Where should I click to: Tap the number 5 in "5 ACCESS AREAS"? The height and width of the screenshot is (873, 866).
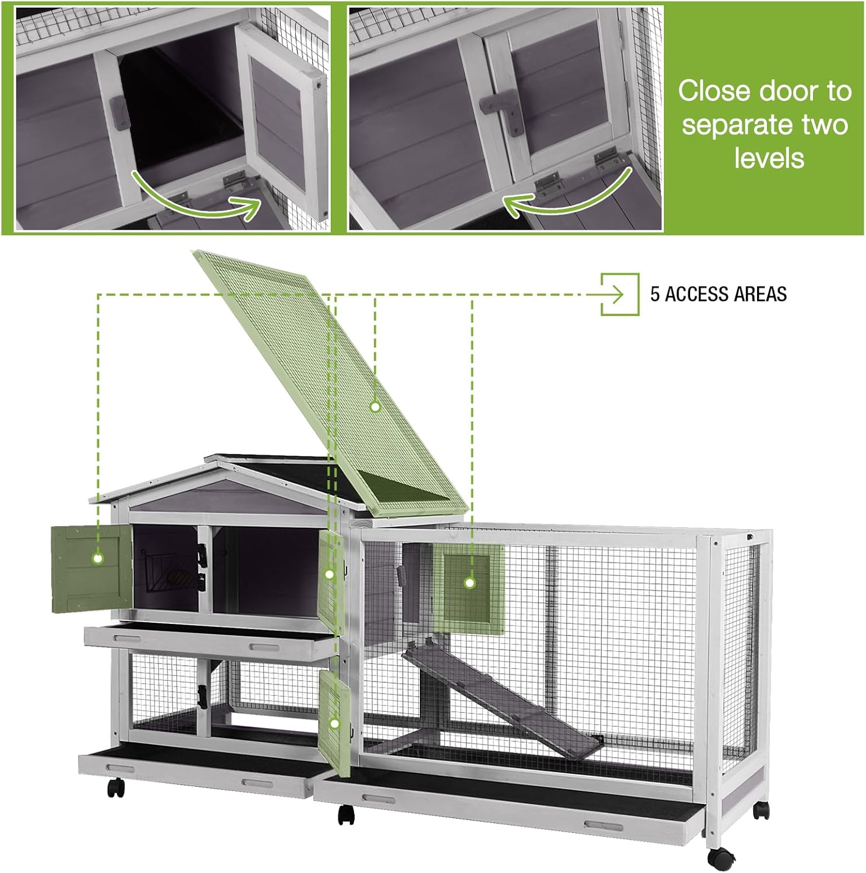pyautogui.click(x=655, y=294)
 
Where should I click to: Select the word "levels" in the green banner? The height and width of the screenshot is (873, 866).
pyautogui.click(x=769, y=158)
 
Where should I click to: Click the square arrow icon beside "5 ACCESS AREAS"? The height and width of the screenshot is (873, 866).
pyautogui.click(x=620, y=294)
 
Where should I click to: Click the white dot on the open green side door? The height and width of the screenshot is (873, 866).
pyautogui.click(x=98, y=558)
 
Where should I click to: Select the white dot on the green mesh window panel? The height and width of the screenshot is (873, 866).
pyautogui.click(x=469, y=582)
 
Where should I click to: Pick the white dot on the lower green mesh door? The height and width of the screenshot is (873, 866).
pyautogui.click(x=334, y=724)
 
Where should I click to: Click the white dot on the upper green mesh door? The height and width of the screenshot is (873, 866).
pyautogui.click(x=329, y=574)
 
